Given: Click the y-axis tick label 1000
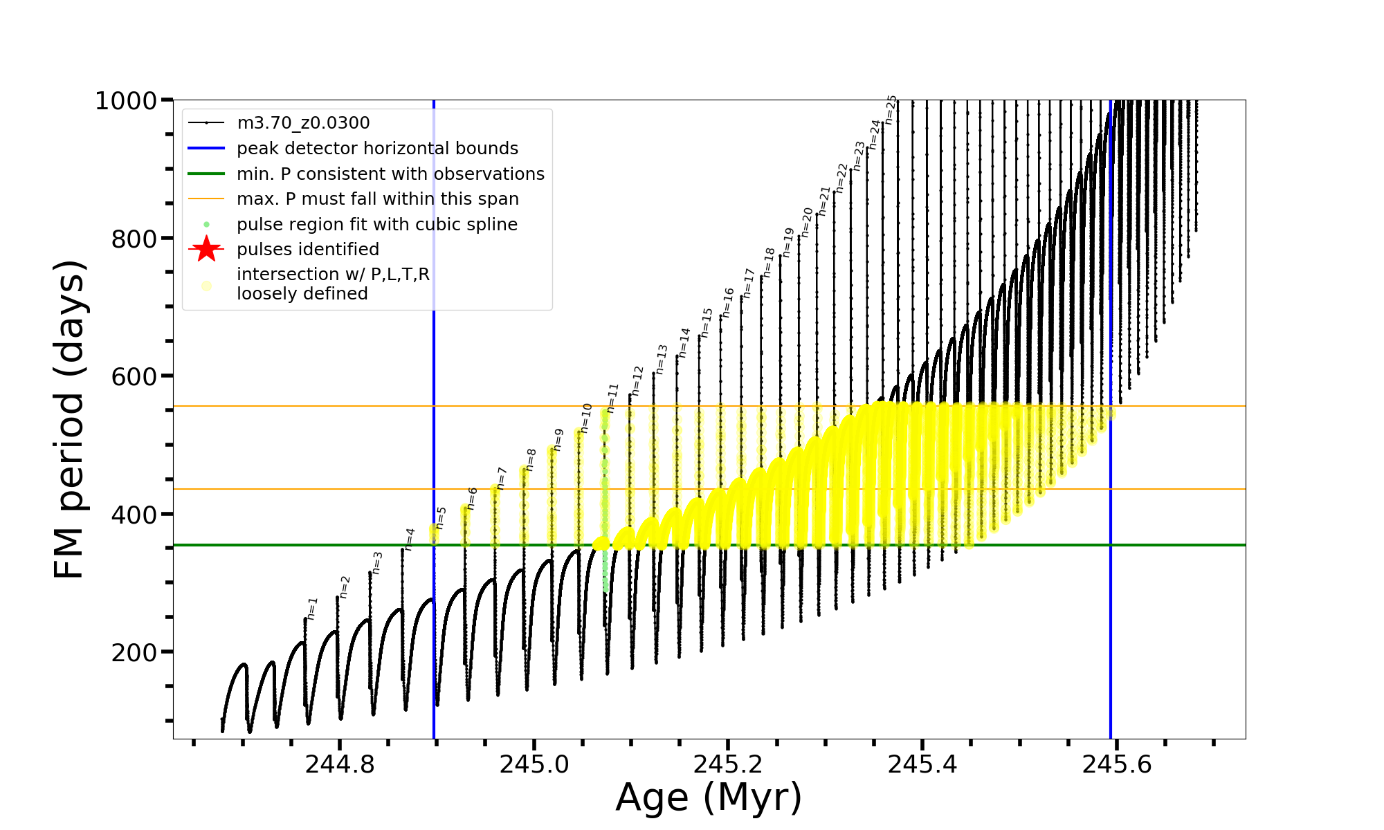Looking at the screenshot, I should point(126,101).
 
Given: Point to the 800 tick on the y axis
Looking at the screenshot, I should point(134,239).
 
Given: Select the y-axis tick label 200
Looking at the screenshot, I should point(134,652).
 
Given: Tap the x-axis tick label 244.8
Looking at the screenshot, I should point(339,764).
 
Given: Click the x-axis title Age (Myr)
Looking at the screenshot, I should point(709,797).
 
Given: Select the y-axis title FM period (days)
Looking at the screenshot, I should point(70,419).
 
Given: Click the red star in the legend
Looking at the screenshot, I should point(206,249).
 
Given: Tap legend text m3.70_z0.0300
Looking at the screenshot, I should point(303,123).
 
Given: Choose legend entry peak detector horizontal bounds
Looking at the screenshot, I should point(377,149).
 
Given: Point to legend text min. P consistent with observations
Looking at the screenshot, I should point(390,174).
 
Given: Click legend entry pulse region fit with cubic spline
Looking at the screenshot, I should point(376,225).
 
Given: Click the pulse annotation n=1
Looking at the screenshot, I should point(312,609).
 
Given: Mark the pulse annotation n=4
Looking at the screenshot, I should point(410,539).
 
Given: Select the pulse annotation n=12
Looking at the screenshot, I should point(637,380).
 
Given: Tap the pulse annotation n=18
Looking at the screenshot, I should point(769,263).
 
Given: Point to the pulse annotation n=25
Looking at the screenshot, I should point(891,109).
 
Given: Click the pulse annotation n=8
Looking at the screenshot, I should point(531,459).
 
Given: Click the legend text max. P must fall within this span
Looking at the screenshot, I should point(377,199).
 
